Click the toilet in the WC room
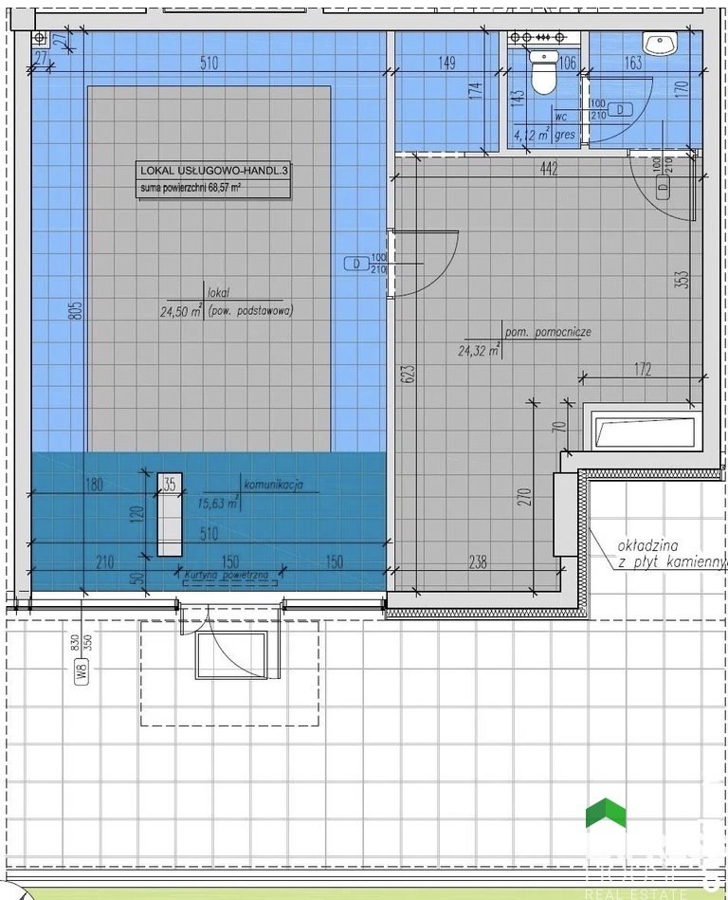pyautogui.click(x=542, y=74)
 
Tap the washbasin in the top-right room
pyautogui.click(x=659, y=43)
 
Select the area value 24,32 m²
pyautogui.click(x=478, y=350)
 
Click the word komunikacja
pyautogui.click(x=273, y=485)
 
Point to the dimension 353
pyautogui.click(x=682, y=280)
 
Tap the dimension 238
pyautogui.click(x=478, y=562)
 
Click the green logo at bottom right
pyautogui.click(x=607, y=815)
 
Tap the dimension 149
pyautogui.click(x=446, y=64)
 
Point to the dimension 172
pyautogui.click(x=642, y=370)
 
